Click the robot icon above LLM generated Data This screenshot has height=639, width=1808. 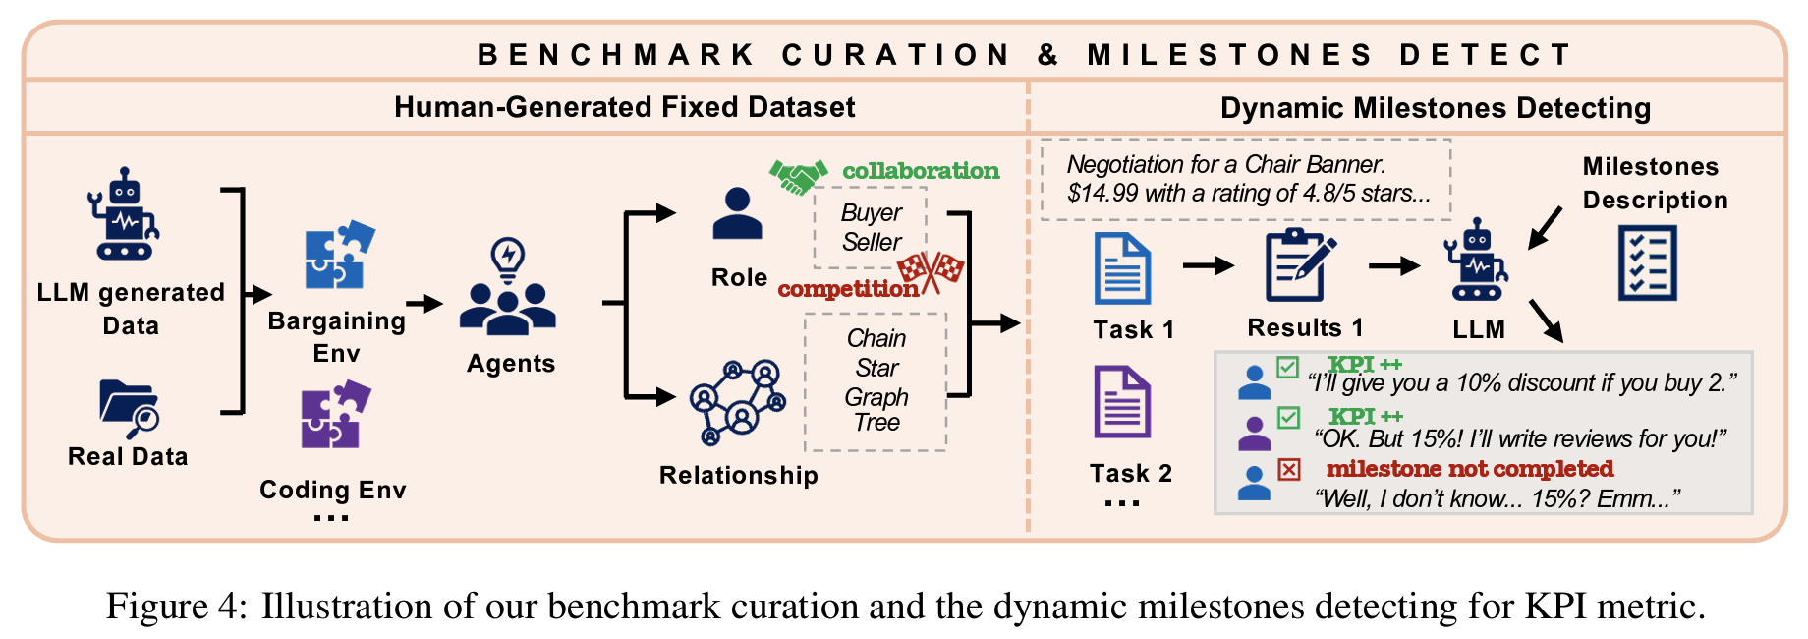tap(124, 213)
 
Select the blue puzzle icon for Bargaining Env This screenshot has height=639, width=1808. tap(339, 255)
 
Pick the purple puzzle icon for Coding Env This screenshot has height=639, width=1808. tap(335, 415)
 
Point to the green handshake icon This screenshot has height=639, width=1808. tap(797, 176)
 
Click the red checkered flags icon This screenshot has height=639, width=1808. tap(931, 271)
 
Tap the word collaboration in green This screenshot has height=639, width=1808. tap(921, 171)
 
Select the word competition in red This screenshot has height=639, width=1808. tap(847, 289)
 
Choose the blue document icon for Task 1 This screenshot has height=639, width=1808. tap(1122, 268)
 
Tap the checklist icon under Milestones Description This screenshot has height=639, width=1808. tap(1647, 262)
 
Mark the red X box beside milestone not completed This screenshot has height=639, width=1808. tap(1289, 469)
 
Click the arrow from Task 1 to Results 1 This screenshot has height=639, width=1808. tap(1208, 265)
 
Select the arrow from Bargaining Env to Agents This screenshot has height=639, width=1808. tap(424, 304)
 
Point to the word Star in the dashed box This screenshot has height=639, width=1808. tap(876, 368)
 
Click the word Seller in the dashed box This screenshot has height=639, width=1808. tap(872, 242)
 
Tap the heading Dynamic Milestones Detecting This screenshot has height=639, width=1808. tap(1435, 108)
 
